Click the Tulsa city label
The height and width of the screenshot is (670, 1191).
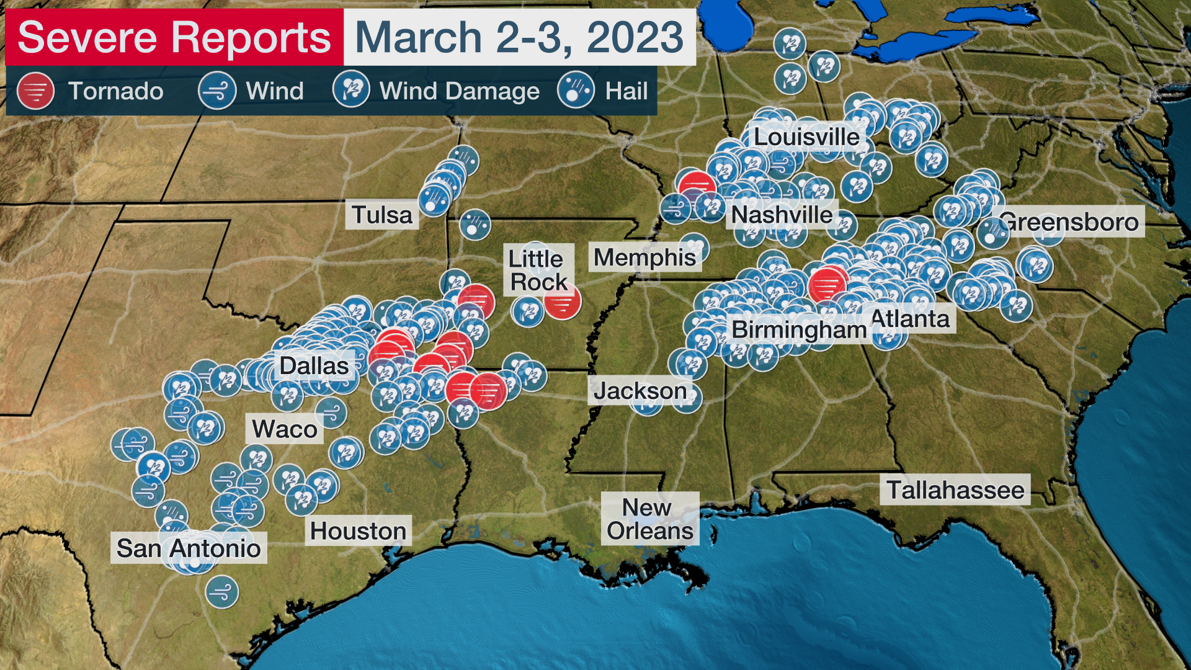[381, 215]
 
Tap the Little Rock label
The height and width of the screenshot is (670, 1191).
[537, 270]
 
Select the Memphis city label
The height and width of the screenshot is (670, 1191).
[645, 257]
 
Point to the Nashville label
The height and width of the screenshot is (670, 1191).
[782, 215]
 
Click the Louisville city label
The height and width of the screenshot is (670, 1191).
[806, 137]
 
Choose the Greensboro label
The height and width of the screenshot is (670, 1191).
[1069, 221]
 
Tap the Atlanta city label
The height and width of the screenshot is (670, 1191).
[910, 319]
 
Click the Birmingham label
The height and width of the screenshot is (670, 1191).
[799, 329]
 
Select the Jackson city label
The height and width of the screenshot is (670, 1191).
[640, 391]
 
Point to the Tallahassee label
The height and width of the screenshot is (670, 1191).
[955, 490]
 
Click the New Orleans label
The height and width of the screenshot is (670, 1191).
[649, 519]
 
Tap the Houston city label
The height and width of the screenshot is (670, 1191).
[358, 531]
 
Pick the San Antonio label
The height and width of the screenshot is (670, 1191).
[189, 548]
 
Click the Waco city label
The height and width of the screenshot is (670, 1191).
[285, 429]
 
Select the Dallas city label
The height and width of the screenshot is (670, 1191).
[314, 365]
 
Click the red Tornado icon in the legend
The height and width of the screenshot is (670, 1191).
[35, 91]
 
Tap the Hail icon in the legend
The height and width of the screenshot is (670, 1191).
[576, 91]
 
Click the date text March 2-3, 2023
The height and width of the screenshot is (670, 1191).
[519, 37]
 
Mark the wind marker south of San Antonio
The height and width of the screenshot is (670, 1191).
[221, 592]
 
